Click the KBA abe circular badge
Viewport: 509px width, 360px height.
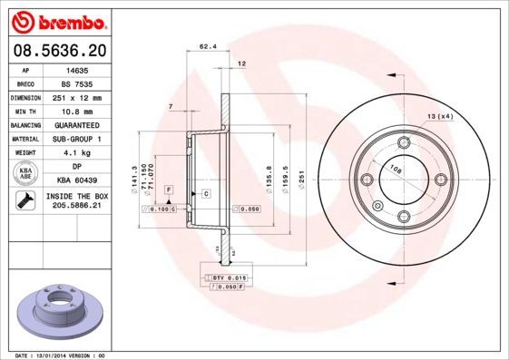pyautogui.click(x=27, y=174)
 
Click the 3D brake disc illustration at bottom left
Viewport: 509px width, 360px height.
pyautogui.click(x=59, y=308)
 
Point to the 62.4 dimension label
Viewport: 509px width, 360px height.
pyautogui.click(x=208, y=47)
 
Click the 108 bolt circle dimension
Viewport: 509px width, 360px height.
pyautogui.click(x=396, y=168)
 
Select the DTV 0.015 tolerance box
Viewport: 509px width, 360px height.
pyautogui.click(x=231, y=276)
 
